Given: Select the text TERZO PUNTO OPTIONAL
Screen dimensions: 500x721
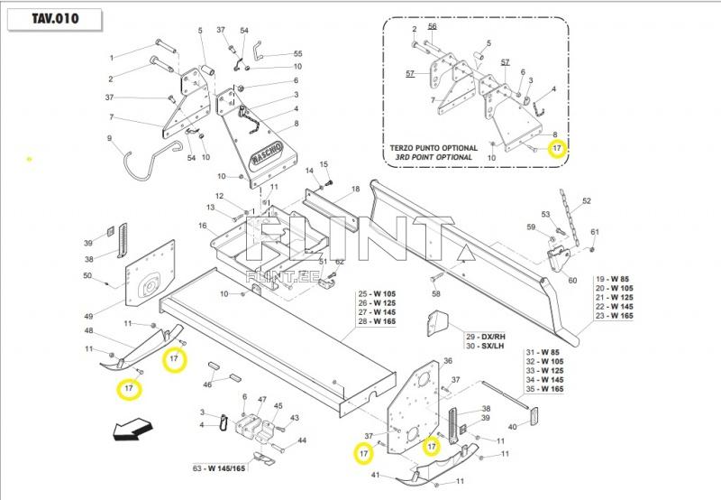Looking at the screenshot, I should tap(434, 147).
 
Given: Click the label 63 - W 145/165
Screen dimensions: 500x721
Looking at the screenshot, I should tap(219, 468).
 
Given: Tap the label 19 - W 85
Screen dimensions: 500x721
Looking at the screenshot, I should tap(615, 279).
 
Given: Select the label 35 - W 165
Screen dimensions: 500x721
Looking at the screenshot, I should tap(548, 389).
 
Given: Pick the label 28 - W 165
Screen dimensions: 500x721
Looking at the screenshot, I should tap(376, 322).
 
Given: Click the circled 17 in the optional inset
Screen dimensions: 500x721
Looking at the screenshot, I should tap(557, 147).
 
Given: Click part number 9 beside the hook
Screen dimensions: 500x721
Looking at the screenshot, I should tap(109, 139).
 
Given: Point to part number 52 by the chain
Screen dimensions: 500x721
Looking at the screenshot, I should tap(586, 201).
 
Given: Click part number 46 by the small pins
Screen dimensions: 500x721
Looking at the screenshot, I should tap(208, 384).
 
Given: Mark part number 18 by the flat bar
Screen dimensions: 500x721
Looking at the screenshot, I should tap(356, 190).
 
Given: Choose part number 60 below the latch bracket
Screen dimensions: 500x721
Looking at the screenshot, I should tap(572, 281).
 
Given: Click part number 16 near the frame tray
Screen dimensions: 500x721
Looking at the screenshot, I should tap(203, 226).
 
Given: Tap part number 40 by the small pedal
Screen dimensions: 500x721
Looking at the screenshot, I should tap(513, 427).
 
